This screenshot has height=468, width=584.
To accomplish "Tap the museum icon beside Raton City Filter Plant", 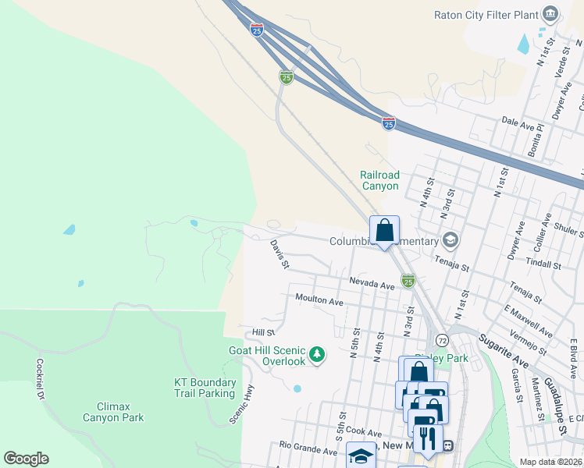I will point(551,13).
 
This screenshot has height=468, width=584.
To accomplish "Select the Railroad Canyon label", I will point(379,180).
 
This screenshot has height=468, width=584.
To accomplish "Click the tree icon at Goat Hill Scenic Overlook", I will point(317,356).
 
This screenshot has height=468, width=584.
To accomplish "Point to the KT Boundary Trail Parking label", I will point(205,388).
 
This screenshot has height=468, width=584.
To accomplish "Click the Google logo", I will point(26,459).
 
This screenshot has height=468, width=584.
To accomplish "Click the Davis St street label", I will point(280,253).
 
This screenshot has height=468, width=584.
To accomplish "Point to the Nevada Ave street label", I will point(372,285).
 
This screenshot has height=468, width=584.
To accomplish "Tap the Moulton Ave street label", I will point(319,300).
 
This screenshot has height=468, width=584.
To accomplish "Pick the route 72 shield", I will point(443,340).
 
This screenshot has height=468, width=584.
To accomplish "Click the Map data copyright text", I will point(550,462).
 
